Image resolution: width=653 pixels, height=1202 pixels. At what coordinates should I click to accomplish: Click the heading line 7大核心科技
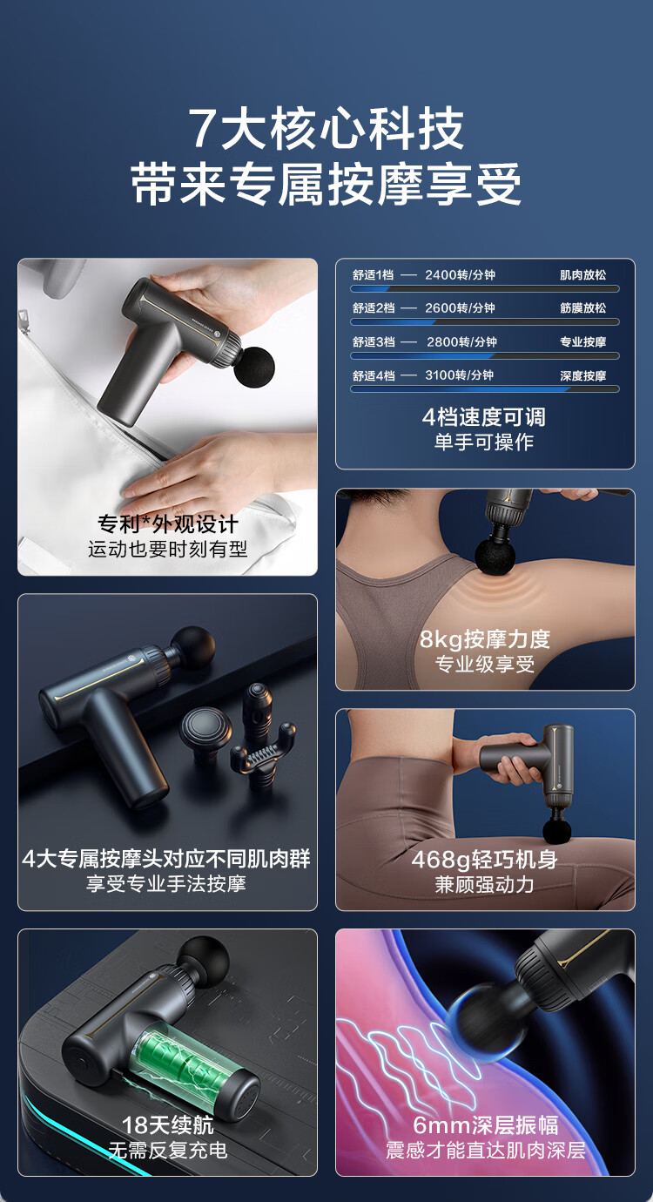point(326,129)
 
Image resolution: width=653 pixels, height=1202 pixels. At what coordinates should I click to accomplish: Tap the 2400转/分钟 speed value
point(460,274)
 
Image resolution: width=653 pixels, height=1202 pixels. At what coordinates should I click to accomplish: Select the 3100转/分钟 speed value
point(460,375)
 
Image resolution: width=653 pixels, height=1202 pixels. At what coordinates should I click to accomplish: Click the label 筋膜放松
point(582,308)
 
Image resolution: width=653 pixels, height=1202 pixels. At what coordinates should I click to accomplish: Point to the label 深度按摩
point(582,375)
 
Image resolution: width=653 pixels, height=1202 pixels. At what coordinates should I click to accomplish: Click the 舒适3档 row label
point(374,341)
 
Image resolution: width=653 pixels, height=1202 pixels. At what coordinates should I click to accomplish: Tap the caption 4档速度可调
point(484,417)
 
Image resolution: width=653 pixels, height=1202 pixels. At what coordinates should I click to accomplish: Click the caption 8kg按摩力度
point(484,639)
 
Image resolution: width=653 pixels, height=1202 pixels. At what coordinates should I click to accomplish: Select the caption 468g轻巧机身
point(484,859)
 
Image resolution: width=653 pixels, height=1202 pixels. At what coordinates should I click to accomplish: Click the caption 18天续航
point(167,1124)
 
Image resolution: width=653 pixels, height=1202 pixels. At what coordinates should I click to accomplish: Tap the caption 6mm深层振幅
point(485,1124)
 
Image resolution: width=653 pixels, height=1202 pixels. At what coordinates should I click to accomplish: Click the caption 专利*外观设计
point(168,523)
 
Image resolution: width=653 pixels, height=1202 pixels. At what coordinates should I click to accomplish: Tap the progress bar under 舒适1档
point(485,288)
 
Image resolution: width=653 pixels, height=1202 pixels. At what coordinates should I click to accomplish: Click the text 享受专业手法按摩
point(165,883)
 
